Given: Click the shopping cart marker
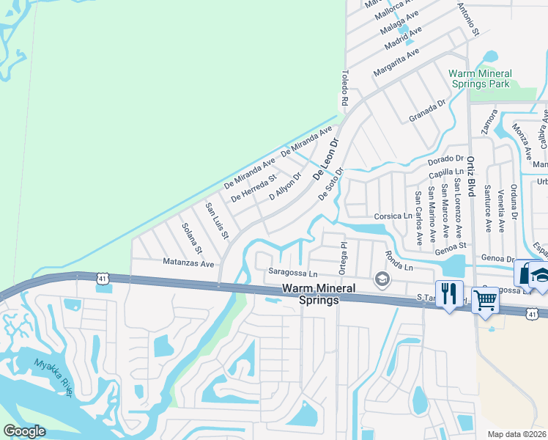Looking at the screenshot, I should coord(485,298).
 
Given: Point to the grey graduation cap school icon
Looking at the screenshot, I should coord(381,279).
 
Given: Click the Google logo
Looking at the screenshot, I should coord(24,431).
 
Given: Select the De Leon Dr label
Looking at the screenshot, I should coord(327,159).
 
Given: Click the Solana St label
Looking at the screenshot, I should coord(191,235).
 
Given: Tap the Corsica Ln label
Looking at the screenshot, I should coord(393,216).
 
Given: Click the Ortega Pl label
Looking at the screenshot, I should coord(342,257).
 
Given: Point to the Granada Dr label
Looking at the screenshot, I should coord(428,111).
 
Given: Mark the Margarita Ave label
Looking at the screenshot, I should coord(396,62).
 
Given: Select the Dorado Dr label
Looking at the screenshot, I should coord(446,158).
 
